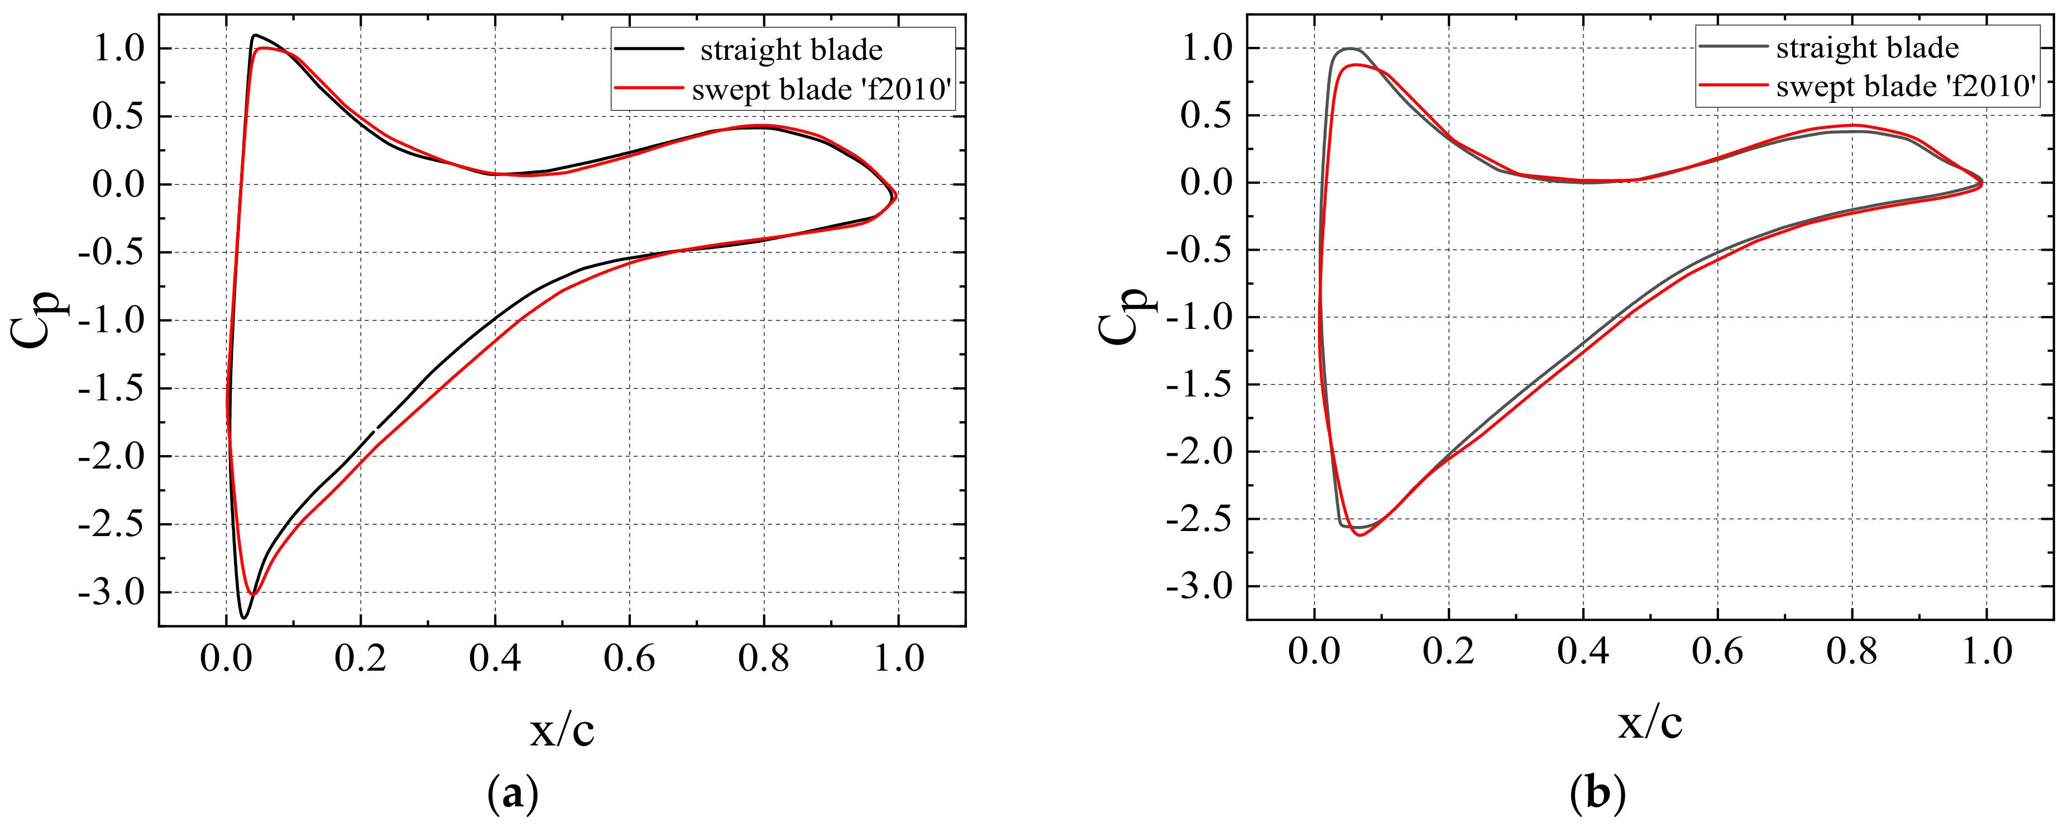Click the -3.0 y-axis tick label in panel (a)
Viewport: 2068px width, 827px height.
[x=111, y=594]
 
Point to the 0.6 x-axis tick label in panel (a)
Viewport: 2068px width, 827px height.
[x=629, y=659]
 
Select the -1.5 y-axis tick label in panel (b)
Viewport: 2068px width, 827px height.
[x=1199, y=385]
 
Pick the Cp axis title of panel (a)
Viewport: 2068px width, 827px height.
[x=40, y=319]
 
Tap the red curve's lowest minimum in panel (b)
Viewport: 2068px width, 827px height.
[x=1359, y=535]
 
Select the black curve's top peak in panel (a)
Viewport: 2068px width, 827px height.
[x=255, y=35]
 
